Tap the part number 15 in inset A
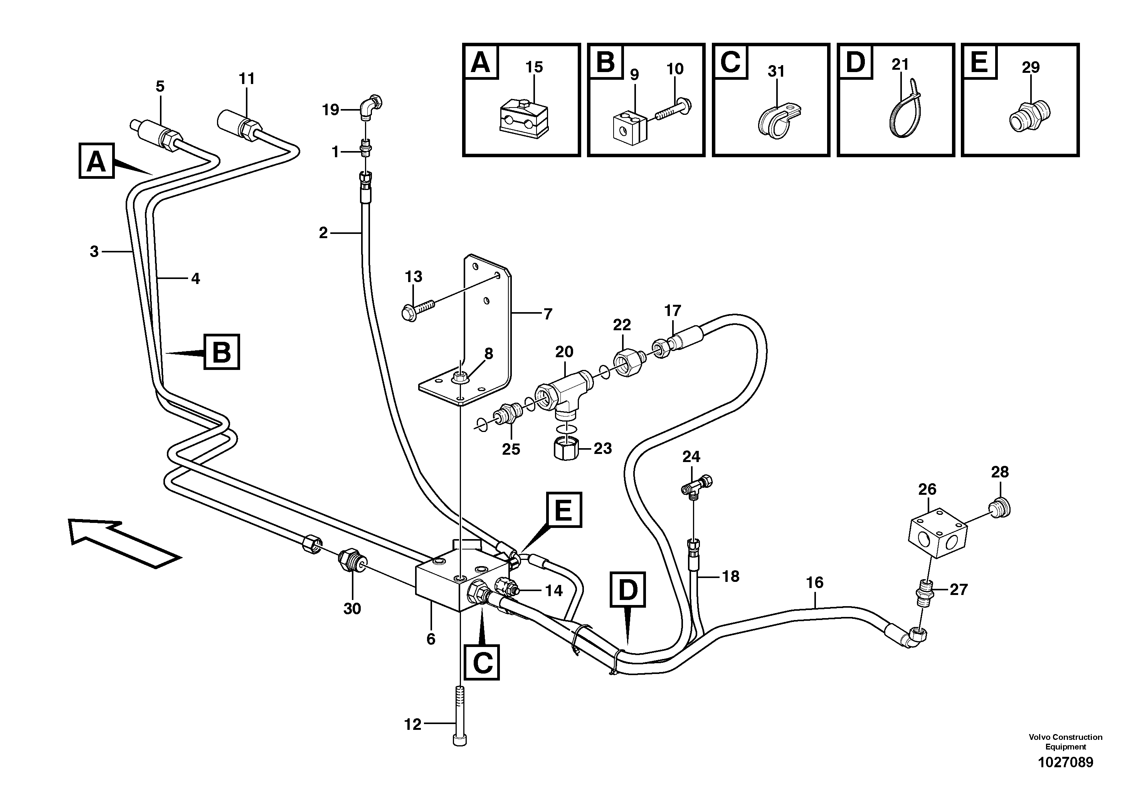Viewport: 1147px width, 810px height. (x=534, y=67)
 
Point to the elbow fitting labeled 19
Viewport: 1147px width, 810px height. (x=370, y=107)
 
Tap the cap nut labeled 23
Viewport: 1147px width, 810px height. (x=566, y=449)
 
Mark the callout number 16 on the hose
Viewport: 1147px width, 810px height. (x=814, y=583)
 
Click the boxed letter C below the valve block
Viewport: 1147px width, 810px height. (x=482, y=663)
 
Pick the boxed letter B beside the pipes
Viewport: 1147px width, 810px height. (x=222, y=352)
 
